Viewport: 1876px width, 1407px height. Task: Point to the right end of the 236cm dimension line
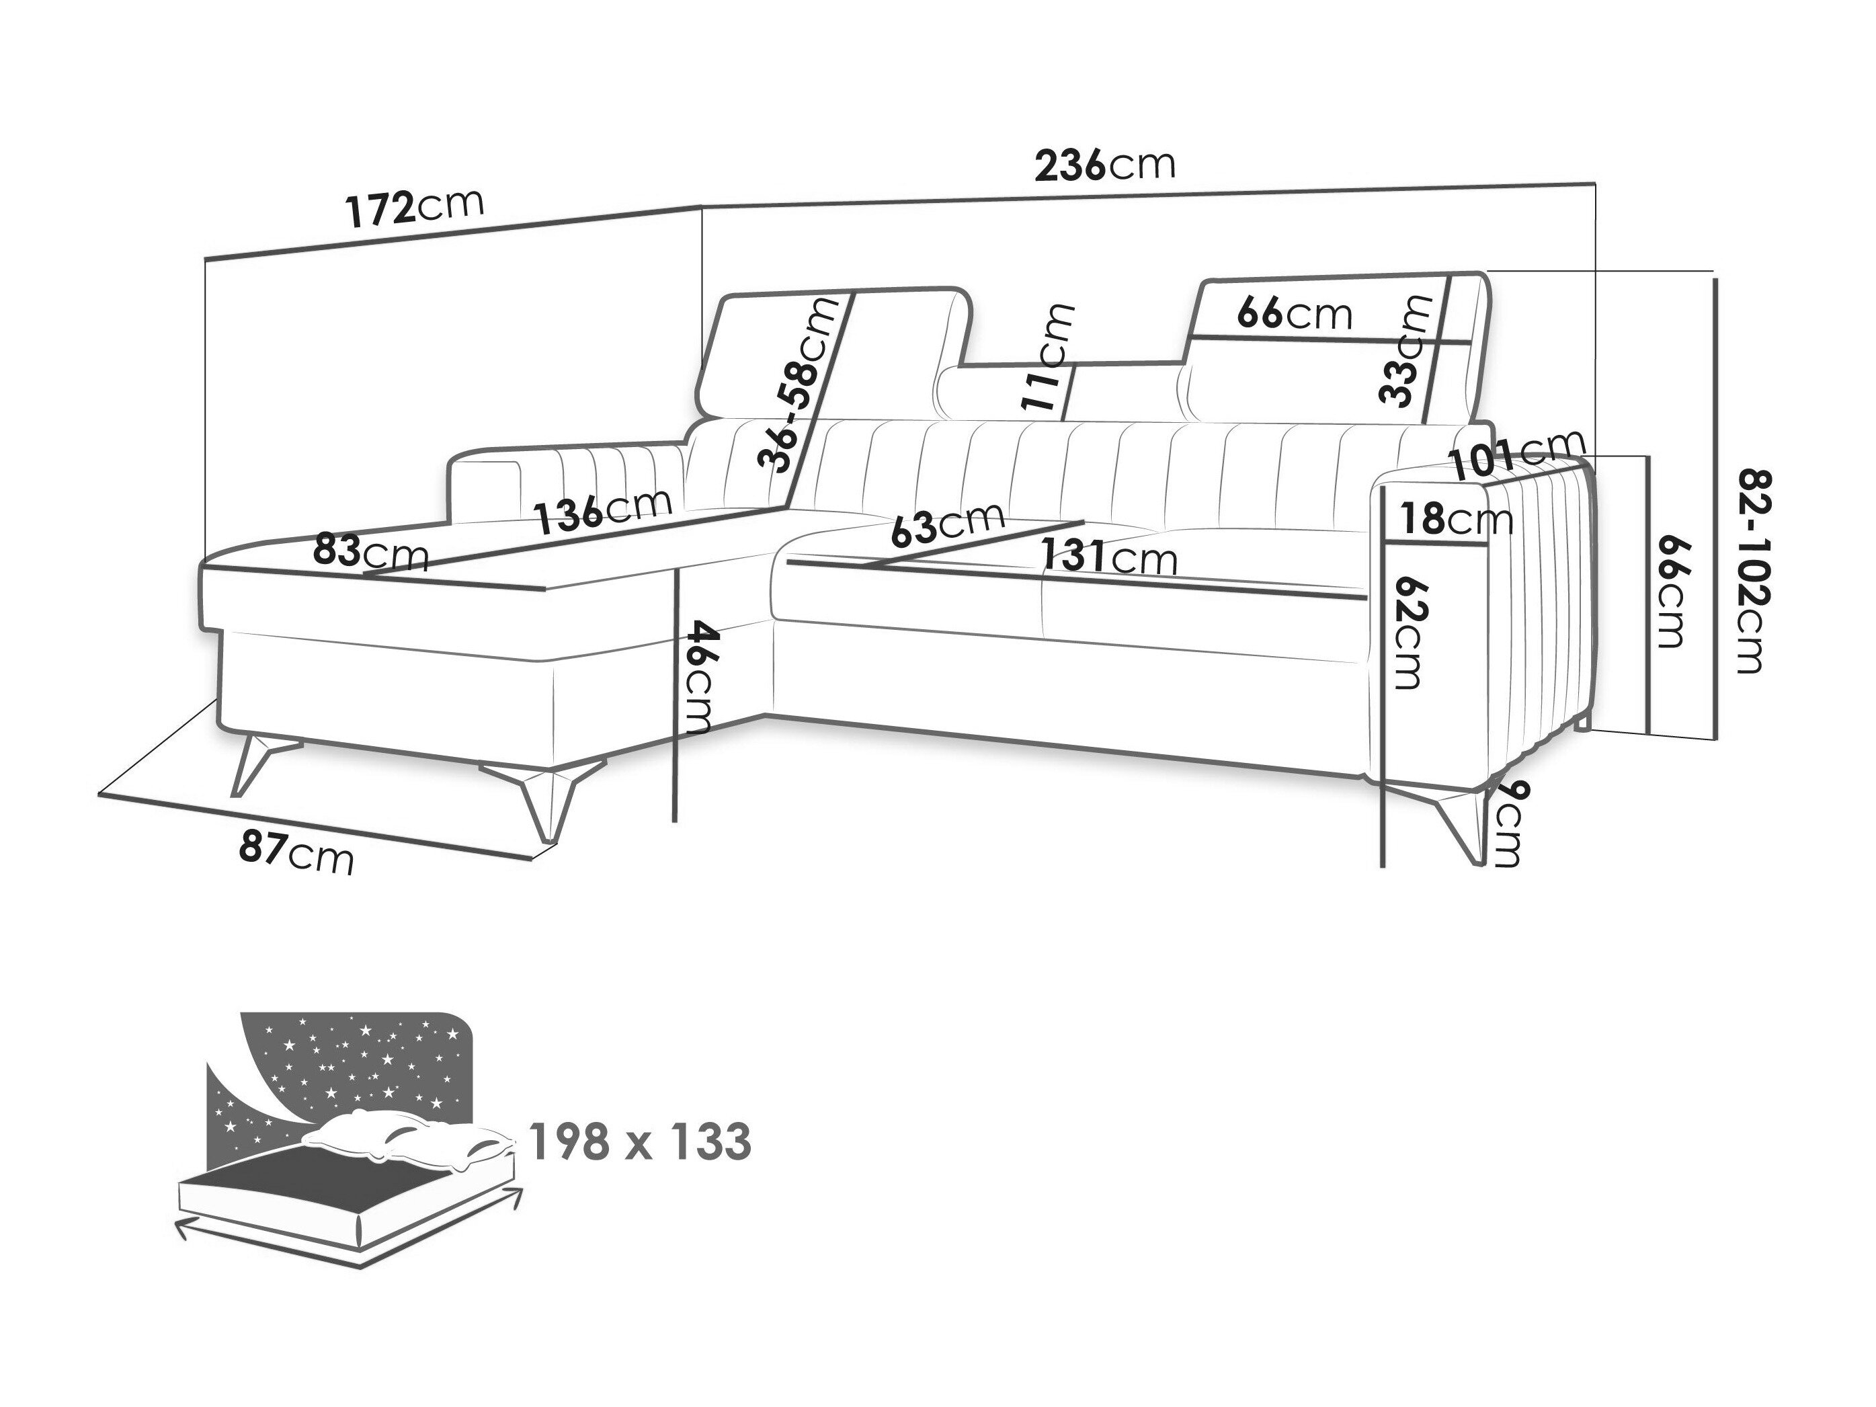click(x=1596, y=184)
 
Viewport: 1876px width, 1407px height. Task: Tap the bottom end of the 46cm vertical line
click(x=675, y=821)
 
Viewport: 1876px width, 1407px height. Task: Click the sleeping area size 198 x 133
click(x=641, y=1141)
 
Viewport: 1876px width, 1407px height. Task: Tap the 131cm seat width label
click(x=1109, y=557)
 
